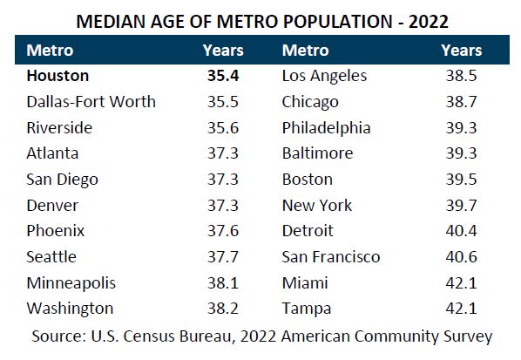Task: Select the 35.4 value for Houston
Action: (x=222, y=77)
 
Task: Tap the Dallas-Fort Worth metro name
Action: (x=91, y=102)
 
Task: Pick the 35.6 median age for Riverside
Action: (x=222, y=128)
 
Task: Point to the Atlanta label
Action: (x=53, y=153)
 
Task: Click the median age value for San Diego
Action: (x=222, y=180)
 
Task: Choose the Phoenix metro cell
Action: (x=57, y=231)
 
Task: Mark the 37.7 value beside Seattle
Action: (x=222, y=257)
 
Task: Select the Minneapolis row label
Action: (x=71, y=283)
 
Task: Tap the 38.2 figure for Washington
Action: (x=222, y=309)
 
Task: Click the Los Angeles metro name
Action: (x=325, y=77)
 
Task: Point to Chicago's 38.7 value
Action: (x=462, y=102)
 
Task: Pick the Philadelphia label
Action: (x=326, y=128)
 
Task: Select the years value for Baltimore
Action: (x=462, y=153)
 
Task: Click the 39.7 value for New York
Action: (x=462, y=206)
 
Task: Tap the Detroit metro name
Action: (x=308, y=231)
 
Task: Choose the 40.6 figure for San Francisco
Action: (x=462, y=257)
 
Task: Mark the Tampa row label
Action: (x=305, y=309)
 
